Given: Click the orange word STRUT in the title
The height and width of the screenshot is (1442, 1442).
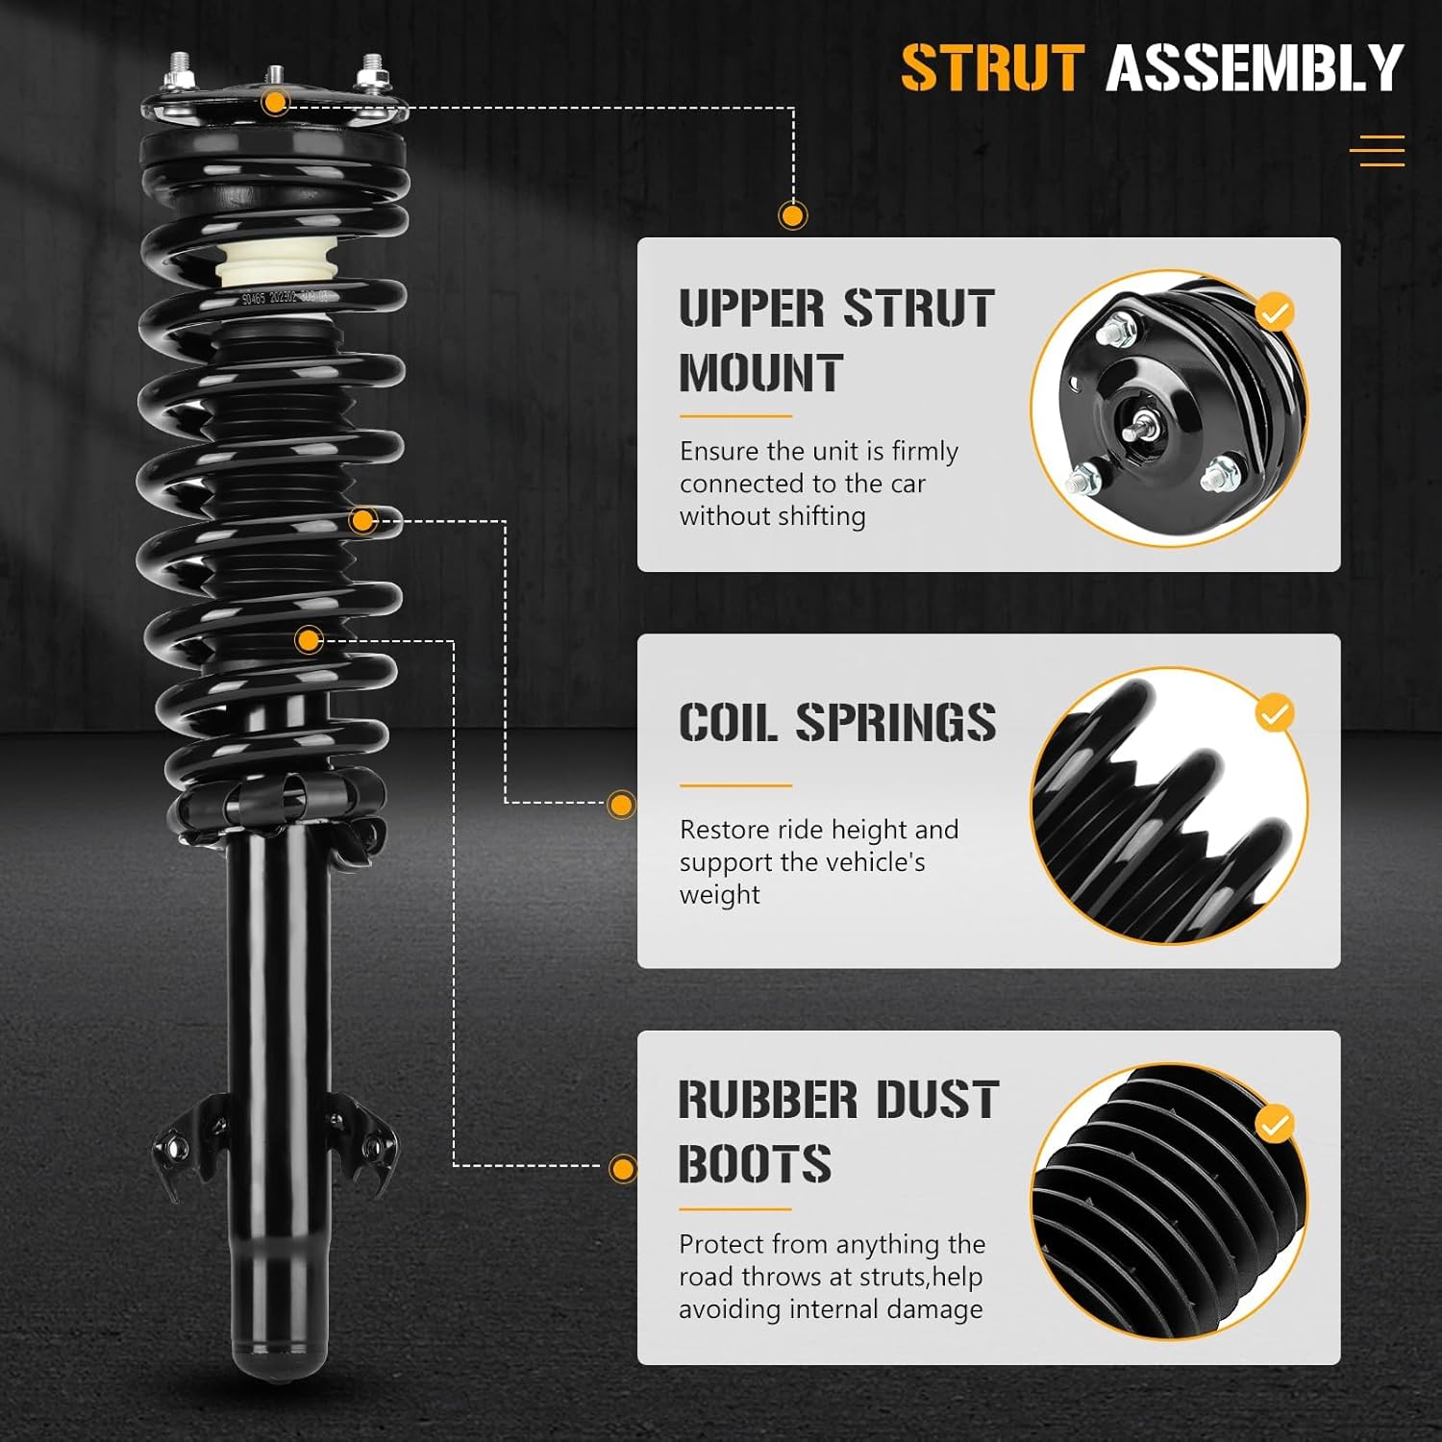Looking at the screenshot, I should pyautogui.click(x=992, y=68).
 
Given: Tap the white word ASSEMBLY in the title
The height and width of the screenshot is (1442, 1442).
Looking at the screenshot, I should pyautogui.click(x=1255, y=68).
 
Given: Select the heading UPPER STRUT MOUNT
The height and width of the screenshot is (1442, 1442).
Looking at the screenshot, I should pyautogui.click(x=835, y=340).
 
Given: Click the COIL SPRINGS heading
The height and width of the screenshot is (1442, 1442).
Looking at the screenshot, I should pyautogui.click(x=836, y=723).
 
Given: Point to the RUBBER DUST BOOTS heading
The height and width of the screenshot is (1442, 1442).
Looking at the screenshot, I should pyautogui.click(x=838, y=1131).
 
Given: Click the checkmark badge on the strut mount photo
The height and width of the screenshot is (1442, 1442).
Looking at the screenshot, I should pyautogui.click(x=1275, y=312).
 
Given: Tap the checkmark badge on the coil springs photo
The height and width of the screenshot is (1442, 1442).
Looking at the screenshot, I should pyautogui.click(x=1275, y=714).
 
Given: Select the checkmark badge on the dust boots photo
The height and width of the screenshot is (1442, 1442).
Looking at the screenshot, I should pyautogui.click(x=1275, y=1124).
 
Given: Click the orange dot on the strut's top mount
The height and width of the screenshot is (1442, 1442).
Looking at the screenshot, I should pyautogui.click(x=276, y=102).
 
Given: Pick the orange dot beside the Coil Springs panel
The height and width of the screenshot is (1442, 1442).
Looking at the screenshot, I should pyautogui.click(x=622, y=805).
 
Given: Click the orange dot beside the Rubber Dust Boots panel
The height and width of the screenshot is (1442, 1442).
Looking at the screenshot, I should pyautogui.click(x=623, y=1169).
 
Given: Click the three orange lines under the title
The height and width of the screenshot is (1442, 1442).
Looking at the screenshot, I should pyautogui.click(x=1377, y=151).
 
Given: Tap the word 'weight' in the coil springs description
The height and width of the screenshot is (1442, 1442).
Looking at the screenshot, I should pyautogui.click(x=719, y=895).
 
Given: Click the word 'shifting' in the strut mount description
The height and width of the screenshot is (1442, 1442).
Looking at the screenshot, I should pyautogui.click(x=820, y=516).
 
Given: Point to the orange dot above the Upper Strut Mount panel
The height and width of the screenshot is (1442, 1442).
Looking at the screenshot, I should pyautogui.click(x=792, y=215).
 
